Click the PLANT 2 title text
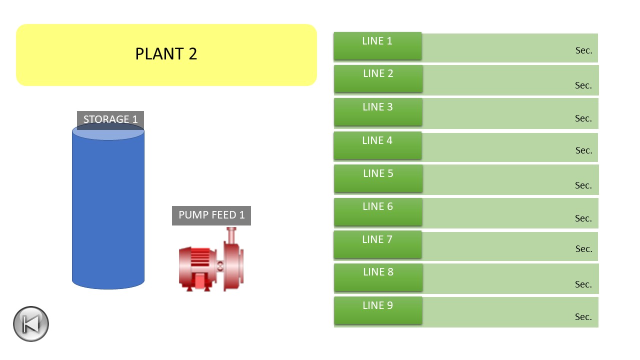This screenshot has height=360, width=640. click(x=166, y=54)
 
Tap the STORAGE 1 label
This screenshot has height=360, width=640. click(x=110, y=119)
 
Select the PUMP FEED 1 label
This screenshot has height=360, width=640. click(x=211, y=215)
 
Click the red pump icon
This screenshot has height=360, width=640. click(x=211, y=259)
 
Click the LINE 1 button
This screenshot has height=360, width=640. click(x=377, y=46)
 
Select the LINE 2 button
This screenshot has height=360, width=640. click(x=378, y=79)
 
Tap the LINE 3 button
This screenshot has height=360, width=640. click(x=377, y=112)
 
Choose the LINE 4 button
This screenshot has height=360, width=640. click(x=377, y=145)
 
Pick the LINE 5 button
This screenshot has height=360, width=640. click(x=378, y=178)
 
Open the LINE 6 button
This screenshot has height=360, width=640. click(x=377, y=211)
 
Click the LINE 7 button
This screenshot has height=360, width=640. click(x=377, y=244)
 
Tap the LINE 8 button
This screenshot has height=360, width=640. click(x=378, y=277)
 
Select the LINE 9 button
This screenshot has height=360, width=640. click(x=377, y=310)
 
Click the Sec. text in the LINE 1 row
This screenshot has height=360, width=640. click(x=583, y=50)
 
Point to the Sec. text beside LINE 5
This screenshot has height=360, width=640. click(x=583, y=185)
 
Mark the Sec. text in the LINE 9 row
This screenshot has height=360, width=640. click(x=583, y=317)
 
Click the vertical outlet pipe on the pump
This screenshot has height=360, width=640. click(x=231, y=235)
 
